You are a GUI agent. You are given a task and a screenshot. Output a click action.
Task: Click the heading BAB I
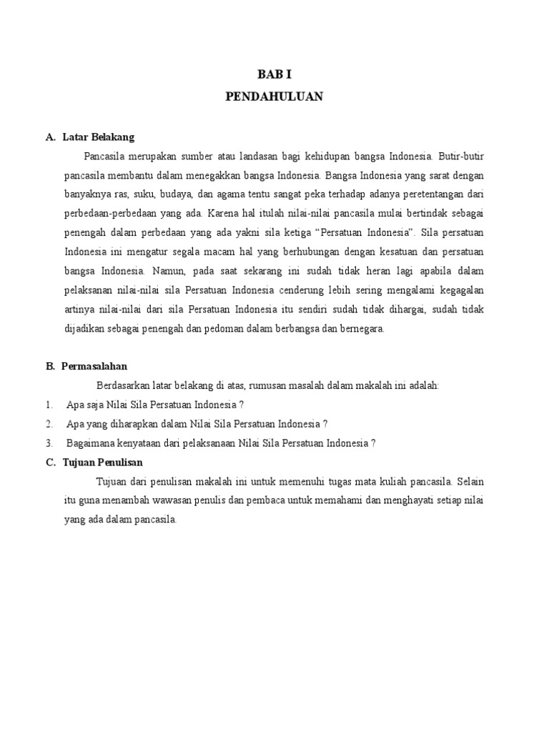274,74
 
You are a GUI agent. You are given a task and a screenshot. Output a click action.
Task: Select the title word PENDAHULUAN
274,97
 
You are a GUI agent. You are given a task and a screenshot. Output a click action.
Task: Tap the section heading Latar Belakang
99,137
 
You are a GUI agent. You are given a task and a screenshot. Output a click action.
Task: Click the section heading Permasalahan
94,366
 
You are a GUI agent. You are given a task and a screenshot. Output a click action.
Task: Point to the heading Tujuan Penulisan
103,462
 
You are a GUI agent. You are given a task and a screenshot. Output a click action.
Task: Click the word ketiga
292,232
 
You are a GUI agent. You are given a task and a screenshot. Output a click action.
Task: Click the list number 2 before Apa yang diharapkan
49,423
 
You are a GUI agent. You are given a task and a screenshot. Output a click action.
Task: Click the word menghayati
415,500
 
